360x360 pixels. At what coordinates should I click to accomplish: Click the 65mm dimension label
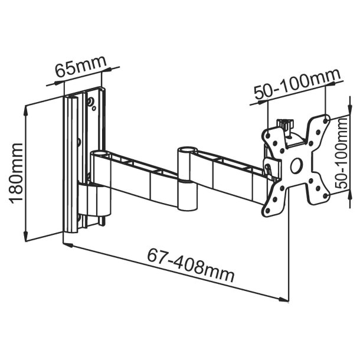click(x=79, y=69)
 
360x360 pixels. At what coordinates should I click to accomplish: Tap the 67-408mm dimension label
click(x=191, y=266)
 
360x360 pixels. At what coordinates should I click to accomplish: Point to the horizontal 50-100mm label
click(x=297, y=87)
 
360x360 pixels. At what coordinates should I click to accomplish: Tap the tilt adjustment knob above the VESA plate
click(x=287, y=125)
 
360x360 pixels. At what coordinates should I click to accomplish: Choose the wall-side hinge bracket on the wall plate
click(x=94, y=201)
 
